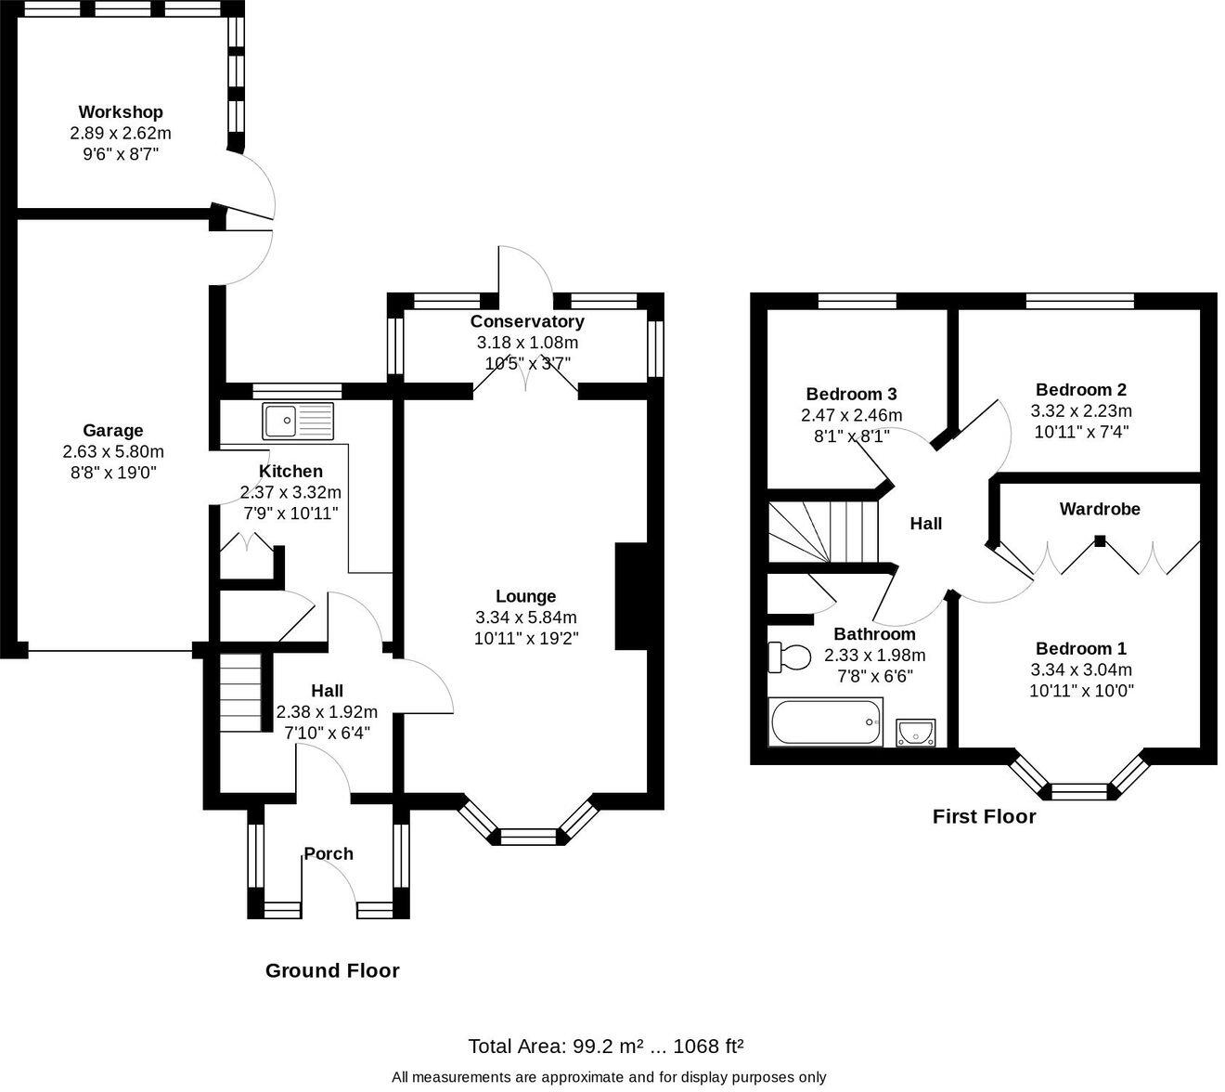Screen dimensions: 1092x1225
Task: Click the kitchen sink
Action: [297, 421]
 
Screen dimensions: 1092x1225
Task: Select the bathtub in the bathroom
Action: [825, 721]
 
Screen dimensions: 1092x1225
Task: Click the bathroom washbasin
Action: [916, 733]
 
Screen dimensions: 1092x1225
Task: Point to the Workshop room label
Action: [121, 112]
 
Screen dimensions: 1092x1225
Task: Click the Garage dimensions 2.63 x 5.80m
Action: [113, 452]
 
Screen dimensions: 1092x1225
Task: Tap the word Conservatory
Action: [527, 321]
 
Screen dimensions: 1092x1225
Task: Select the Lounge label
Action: [525, 596]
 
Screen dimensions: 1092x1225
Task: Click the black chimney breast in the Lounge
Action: [630, 596]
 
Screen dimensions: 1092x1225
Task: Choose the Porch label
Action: [329, 853]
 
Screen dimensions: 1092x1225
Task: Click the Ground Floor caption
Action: [332, 970]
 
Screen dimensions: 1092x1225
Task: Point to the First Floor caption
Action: [984, 816]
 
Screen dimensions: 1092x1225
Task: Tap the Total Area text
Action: [605, 1046]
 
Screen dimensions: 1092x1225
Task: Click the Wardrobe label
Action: [1100, 509]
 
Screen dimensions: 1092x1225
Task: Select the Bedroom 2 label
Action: [1081, 390]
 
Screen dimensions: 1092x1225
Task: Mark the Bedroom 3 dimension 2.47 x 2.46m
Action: [851, 415]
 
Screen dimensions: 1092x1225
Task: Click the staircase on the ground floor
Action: [241, 692]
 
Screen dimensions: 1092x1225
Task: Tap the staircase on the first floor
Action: [822, 531]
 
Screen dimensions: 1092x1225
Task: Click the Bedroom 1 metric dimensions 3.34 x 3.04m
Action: [1081, 669]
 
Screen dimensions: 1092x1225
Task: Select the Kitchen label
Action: [290, 472]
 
